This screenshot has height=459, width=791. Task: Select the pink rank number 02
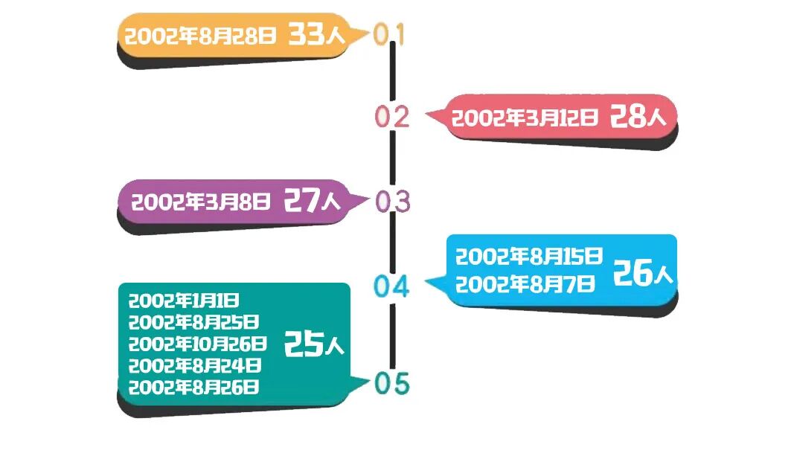(392, 117)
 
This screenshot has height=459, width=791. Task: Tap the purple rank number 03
(392, 202)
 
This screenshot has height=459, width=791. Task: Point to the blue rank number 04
(391, 286)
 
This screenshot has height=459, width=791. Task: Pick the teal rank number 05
(392, 384)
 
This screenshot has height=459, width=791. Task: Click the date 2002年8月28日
(200, 36)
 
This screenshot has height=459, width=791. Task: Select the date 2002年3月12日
(525, 118)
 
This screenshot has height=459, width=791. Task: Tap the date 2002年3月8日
(201, 201)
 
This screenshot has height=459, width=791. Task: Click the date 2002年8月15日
(528, 257)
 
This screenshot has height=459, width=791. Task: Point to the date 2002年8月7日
(525, 283)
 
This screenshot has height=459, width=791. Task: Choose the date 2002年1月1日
(184, 301)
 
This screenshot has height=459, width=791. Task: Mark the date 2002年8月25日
(193, 322)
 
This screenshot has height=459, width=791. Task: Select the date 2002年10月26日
(197, 344)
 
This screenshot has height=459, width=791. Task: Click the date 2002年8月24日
(194, 365)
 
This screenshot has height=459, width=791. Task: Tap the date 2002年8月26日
(193, 387)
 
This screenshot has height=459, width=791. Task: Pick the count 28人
(642, 117)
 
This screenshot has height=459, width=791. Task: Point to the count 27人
(312, 201)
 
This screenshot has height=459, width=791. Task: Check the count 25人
(313, 344)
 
